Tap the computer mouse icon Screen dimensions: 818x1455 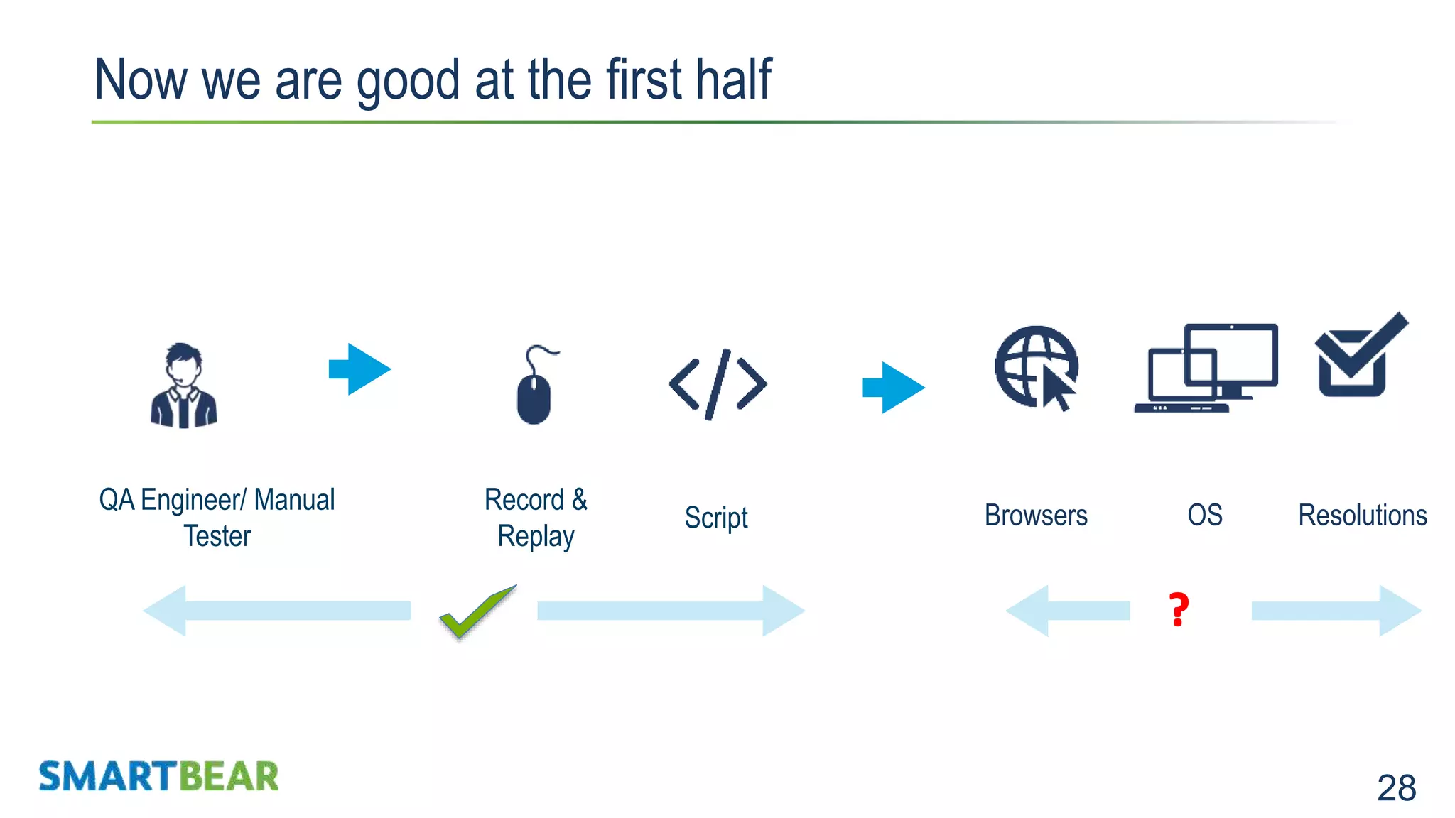(x=535, y=388)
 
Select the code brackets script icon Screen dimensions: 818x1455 (x=718, y=384)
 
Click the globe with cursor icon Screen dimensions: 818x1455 (x=1037, y=368)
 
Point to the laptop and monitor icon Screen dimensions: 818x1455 (x=1206, y=368)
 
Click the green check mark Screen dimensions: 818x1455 (x=477, y=611)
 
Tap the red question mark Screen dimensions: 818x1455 (x=1179, y=610)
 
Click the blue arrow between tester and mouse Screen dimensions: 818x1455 (x=360, y=369)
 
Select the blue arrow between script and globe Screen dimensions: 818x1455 (x=894, y=388)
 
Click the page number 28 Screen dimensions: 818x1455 (x=1396, y=787)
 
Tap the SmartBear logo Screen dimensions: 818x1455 (x=158, y=776)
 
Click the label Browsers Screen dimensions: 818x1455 (x=1036, y=516)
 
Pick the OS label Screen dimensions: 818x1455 (x=1205, y=515)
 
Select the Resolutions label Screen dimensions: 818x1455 (x=1363, y=516)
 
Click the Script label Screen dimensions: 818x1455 (x=716, y=518)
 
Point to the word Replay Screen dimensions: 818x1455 (x=536, y=537)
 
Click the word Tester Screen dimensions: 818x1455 (x=217, y=536)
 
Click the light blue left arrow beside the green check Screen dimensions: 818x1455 (x=277, y=611)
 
